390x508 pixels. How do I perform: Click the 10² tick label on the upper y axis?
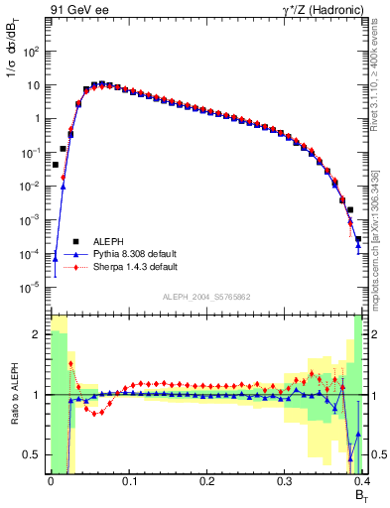[32, 51]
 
